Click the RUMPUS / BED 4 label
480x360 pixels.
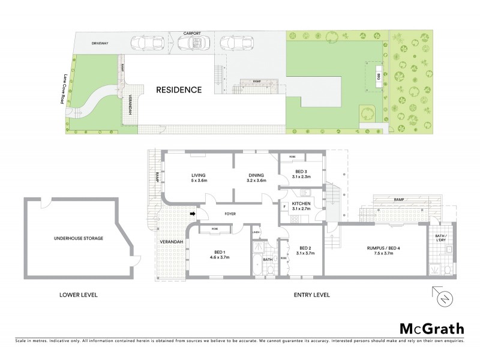383,248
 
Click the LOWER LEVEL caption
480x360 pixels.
79,295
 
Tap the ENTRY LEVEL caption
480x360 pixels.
312,295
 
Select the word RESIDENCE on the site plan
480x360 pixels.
179,90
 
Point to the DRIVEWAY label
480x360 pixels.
100,44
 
